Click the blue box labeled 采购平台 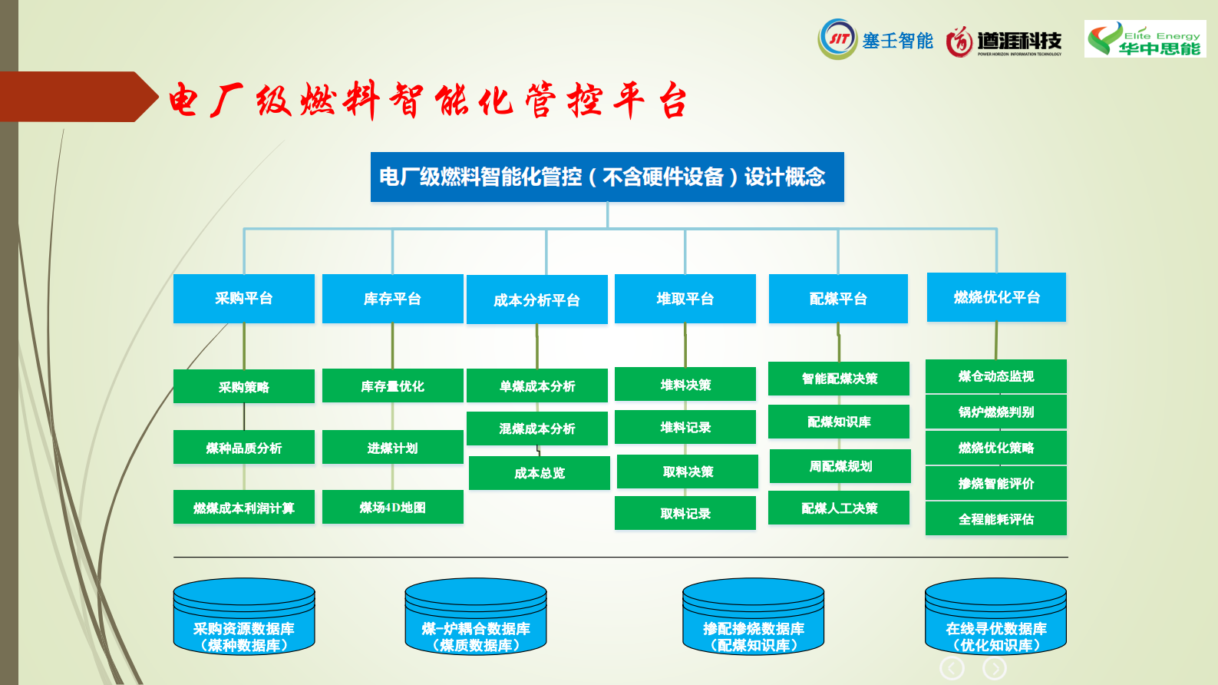tap(244, 298)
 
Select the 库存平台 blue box tap(392, 299)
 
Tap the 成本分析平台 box tap(536, 299)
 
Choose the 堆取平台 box tap(685, 299)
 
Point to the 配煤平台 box tap(838, 299)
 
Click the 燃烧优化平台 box tap(996, 297)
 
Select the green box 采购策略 tap(244, 386)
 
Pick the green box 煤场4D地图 tap(392, 507)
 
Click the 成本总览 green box tap(539, 473)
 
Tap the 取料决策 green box tap(688, 472)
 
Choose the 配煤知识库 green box tap(839, 422)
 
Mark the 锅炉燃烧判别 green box tap(996, 412)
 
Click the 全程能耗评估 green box tap(996, 519)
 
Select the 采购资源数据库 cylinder tap(244, 619)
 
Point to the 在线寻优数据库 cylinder tap(995, 619)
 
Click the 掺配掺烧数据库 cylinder tap(753, 619)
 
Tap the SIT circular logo tap(837, 39)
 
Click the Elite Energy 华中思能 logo tap(1145, 39)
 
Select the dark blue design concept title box tap(607, 177)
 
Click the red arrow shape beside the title tap(77, 97)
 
